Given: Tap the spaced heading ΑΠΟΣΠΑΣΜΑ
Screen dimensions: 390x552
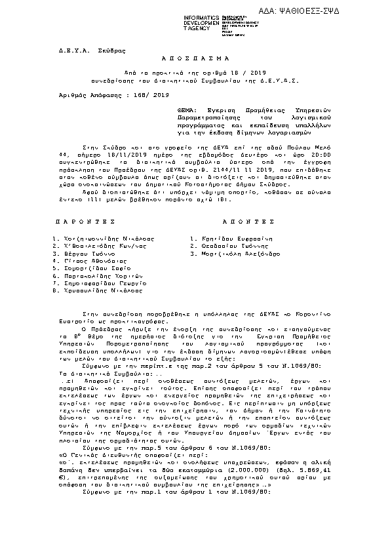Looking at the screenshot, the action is point(194,58).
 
